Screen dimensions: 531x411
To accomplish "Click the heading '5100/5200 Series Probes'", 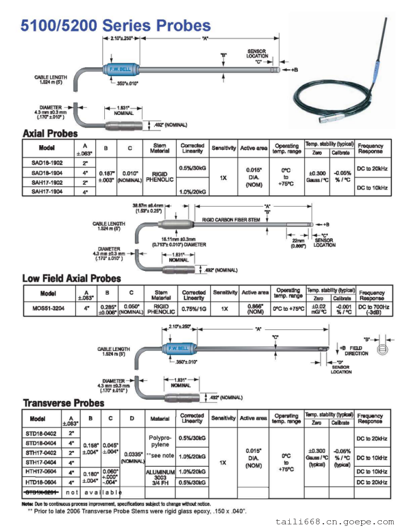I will [116, 26].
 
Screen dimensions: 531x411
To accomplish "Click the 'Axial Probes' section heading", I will [50, 133].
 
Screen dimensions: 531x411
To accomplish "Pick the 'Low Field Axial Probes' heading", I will [71, 279].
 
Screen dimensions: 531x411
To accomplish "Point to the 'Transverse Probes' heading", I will [63, 403].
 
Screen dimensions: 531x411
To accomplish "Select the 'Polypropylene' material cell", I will [160, 441].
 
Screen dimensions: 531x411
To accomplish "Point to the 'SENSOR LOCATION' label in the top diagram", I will [257, 53].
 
